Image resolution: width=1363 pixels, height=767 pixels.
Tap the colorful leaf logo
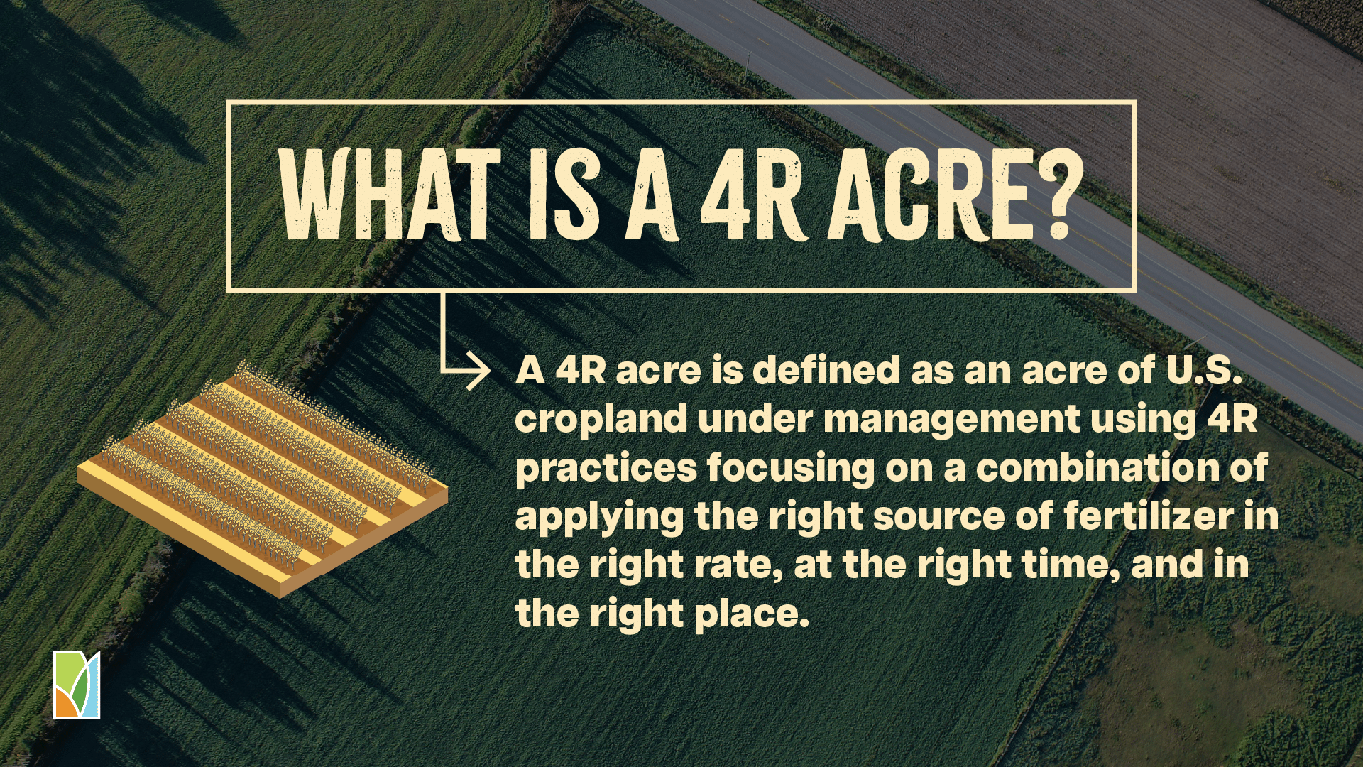77,685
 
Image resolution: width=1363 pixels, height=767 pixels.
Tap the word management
952,420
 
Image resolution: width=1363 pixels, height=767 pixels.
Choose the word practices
606,468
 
